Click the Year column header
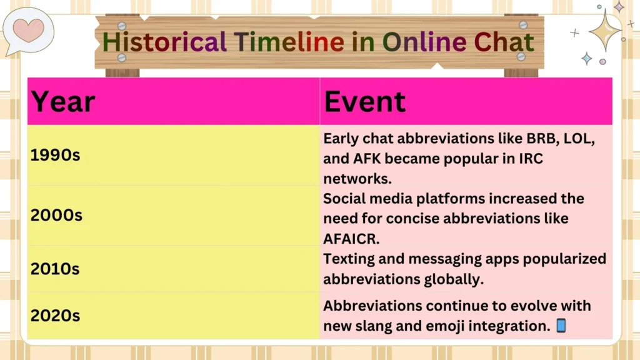tap(63, 102)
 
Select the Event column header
tap(365, 102)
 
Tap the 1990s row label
tap(55, 155)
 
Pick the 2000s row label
tap(56, 215)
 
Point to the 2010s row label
tap(55, 269)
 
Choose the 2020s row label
tap(55, 316)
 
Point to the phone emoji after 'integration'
tap(561, 326)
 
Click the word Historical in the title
tap(164, 42)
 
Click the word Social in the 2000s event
tap(344, 199)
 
